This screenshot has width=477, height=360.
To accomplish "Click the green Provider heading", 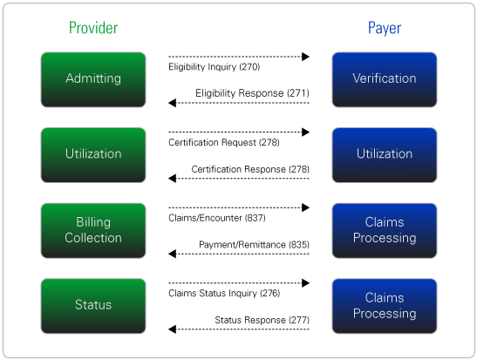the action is [x=93, y=28].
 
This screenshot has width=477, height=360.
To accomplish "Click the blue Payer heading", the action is [x=385, y=28].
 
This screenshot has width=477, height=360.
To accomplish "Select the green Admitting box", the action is [x=93, y=79].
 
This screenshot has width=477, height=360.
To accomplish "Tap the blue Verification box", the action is [x=385, y=79].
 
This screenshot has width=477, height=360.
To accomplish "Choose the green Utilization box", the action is [x=93, y=155].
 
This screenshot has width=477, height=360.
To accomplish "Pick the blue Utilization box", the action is [x=385, y=155].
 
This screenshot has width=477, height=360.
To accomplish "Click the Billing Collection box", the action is [x=93, y=230].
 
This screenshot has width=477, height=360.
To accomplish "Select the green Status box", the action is [x=93, y=306].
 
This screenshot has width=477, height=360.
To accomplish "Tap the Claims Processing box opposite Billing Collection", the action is [x=385, y=230].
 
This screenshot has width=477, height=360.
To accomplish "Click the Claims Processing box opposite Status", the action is [x=385, y=306].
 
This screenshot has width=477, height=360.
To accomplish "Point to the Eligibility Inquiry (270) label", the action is [x=215, y=67].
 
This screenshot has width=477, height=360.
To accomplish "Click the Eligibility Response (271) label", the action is [x=252, y=93].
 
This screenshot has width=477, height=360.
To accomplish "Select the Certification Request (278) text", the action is [x=224, y=142].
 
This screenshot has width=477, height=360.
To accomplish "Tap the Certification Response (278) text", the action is [x=250, y=169].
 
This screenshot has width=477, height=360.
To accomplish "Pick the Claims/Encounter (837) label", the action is [x=217, y=218].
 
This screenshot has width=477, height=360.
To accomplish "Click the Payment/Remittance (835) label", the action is [x=254, y=244].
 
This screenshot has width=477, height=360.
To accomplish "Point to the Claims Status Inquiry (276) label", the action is [x=224, y=293].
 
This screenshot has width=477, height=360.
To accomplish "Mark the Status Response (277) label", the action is [x=262, y=320].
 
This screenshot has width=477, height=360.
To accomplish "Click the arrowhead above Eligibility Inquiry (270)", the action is [x=305, y=57].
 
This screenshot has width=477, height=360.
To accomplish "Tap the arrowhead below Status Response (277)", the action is [x=172, y=329].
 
